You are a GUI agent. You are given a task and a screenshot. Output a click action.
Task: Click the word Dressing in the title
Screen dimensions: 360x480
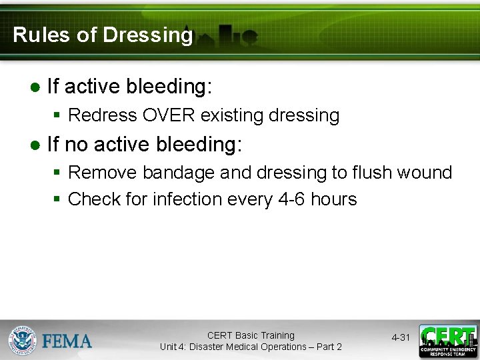pyautogui.click(x=147, y=35)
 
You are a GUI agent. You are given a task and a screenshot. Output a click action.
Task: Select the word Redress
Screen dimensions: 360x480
pyautogui.click(x=103, y=115)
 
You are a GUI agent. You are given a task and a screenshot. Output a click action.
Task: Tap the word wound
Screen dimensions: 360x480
pyautogui.click(x=427, y=173)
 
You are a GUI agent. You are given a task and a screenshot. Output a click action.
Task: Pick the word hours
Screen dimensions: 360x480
pyautogui.click(x=335, y=199)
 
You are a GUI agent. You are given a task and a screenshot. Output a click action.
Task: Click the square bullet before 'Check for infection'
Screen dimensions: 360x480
pyautogui.click(x=58, y=199)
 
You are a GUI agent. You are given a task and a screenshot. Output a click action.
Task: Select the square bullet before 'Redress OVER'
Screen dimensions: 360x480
pyautogui.click(x=58, y=116)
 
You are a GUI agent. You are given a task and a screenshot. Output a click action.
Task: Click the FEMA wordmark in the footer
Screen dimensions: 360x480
pyautogui.click(x=67, y=341)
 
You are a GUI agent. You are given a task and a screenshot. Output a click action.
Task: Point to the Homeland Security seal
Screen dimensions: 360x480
pyautogui.click(x=22, y=341)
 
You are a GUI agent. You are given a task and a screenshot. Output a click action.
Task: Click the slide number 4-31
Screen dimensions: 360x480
pyautogui.click(x=401, y=338)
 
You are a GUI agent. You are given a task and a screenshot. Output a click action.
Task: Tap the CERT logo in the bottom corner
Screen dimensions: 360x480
pyautogui.click(x=447, y=341)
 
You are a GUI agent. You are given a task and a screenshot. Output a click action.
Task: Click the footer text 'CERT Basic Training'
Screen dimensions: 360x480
pyautogui.click(x=251, y=335)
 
